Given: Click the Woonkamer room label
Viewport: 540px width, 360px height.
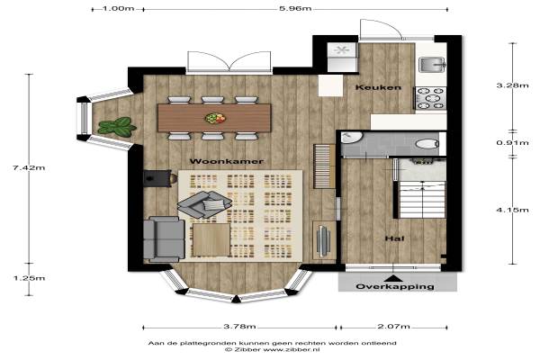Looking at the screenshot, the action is [x=226, y=161].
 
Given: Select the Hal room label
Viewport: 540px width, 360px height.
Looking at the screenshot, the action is [x=395, y=238].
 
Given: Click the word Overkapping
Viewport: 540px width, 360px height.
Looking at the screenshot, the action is [x=395, y=286].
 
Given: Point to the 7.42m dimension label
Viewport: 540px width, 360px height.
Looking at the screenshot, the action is [x=29, y=167].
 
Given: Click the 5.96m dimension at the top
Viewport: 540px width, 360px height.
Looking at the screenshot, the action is [x=295, y=8].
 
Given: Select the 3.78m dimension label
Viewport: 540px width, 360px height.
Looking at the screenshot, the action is [x=239, y=326].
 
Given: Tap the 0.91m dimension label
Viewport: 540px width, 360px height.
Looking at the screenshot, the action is [x=512, y=142].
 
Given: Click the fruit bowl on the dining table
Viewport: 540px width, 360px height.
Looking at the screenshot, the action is [x=215, y=118].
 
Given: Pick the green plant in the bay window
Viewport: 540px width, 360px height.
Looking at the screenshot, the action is [x=117, y=127].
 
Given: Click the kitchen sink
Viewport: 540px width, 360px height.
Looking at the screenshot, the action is [x=432, y=65].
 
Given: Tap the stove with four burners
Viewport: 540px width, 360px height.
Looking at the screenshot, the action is [x=431, y=98].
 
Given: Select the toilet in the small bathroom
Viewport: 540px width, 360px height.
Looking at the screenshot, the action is [x=427, y=143].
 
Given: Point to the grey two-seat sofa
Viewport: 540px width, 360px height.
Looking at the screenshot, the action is [x=164, y=238].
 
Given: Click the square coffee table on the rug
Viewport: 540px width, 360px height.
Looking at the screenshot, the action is [x=211, y=240].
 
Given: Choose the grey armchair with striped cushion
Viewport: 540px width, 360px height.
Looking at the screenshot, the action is [x=204, y=204].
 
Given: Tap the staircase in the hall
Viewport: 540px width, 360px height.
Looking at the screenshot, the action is [x=422, y=200].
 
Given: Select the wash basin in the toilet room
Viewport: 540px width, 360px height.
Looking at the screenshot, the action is [x=351, y=137].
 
